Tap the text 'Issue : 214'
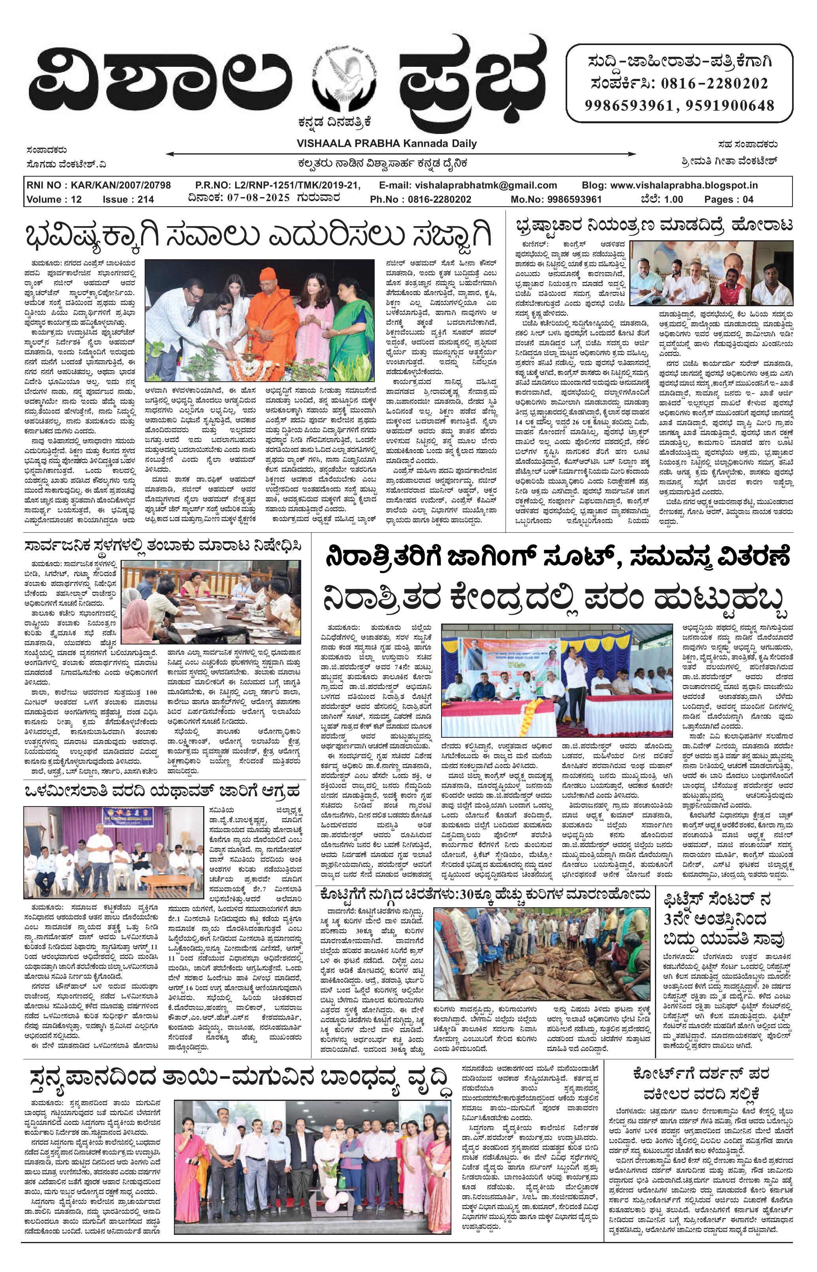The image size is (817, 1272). [128, 200]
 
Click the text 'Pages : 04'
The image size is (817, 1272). [728, 200]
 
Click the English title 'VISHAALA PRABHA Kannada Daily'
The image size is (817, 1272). [386, 143]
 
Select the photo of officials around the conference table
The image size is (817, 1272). [211, 602]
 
